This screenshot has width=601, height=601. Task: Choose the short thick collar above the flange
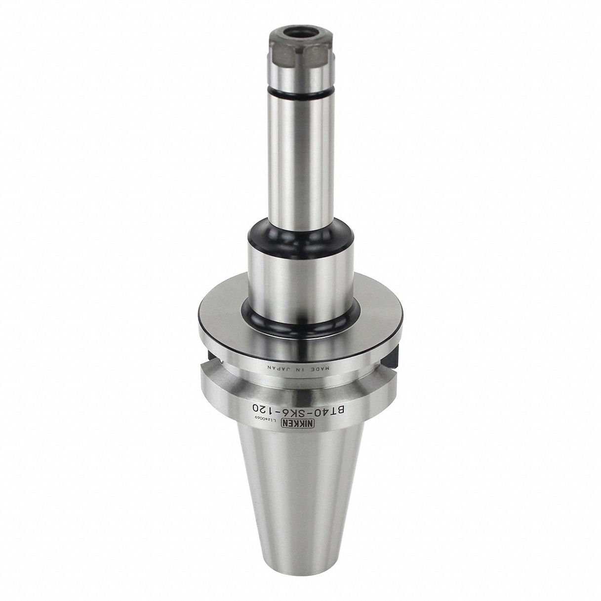299,277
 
